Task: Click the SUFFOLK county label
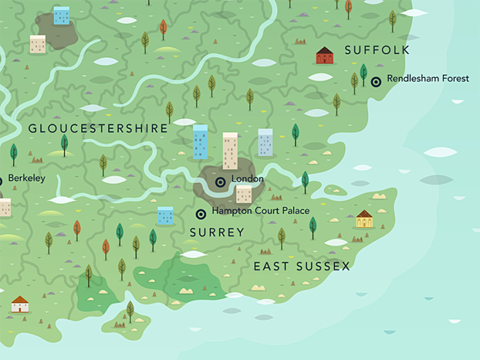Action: pos(376,50)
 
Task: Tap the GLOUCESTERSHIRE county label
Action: pos(98,128)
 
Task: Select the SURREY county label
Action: pos(217,232)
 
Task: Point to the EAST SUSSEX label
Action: pos(302,267)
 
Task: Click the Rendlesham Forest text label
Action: pos(428,79)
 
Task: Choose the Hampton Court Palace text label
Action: pos(260,211)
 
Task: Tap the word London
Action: pos(247,179)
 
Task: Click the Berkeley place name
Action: pos(26,178)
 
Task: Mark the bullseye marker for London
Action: pos(220,181)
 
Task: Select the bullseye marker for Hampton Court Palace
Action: pos(201,214)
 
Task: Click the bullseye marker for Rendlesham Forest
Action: pos(376,82)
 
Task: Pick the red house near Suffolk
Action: pos(325,55)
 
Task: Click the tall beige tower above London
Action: pos(230,151)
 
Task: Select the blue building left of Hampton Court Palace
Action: pos(166,215)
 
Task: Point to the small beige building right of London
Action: pos(244,194)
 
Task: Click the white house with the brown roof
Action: pos(20,304)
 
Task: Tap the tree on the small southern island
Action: pos(130,311)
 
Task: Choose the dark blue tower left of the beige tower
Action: pos(200,141)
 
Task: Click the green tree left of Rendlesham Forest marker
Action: pos(363,74)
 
